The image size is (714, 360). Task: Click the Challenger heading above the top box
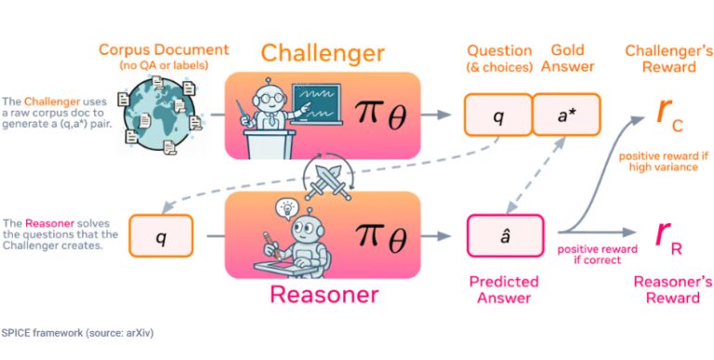click(323, 53)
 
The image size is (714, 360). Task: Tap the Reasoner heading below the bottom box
click(324, 295)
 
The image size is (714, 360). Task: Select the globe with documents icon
click(160, 113)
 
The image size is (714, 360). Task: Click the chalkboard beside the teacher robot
click(315, 104)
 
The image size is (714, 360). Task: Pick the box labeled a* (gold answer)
click(566, 114)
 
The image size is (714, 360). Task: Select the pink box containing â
click(506, 235)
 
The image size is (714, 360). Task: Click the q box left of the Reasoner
click(161, 236)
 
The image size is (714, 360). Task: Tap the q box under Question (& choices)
click(498, 114)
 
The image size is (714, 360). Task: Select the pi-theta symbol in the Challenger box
click(380, 114)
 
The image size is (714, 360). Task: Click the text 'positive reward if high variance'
click(664, 162)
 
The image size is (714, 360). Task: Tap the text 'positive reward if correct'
click(598, 255)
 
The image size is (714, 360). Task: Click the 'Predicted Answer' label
click(504, 290)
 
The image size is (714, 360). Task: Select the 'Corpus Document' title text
click(164, 49)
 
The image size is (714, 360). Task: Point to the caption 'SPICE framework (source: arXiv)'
click(77, 333)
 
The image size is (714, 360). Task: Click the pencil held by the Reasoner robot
click(271, 244)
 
